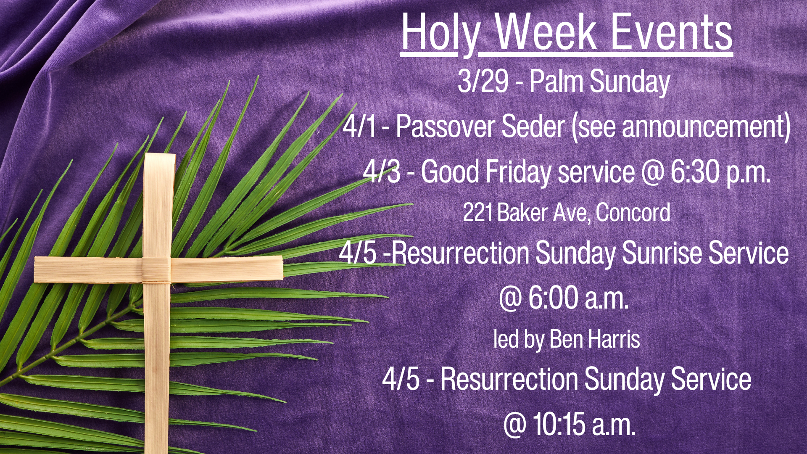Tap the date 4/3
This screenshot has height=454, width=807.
(x=382, y=172)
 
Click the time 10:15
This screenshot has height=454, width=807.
(x=559, y=424)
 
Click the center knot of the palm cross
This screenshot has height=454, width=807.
(x=156, y=269)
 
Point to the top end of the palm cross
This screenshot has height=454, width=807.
(x=160, y=155)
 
